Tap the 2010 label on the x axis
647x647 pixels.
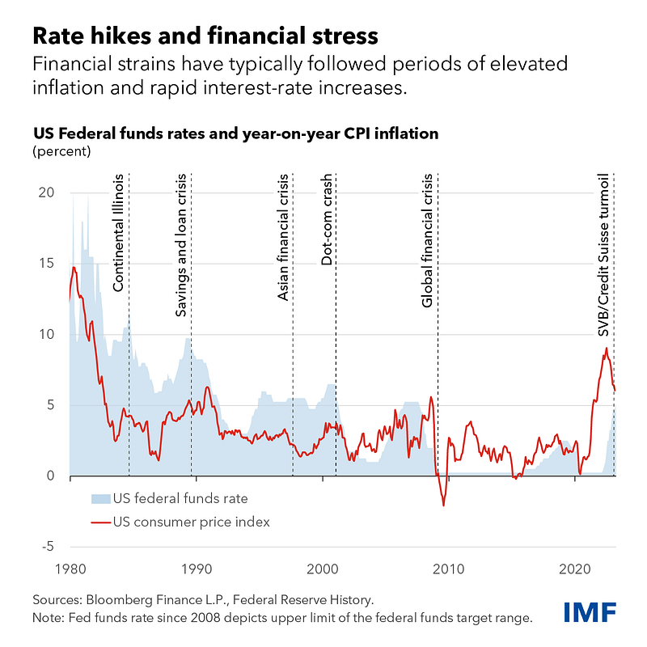tap(448, 568)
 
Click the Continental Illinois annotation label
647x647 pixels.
tap(119, 232)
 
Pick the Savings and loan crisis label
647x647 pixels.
tap(182, 244)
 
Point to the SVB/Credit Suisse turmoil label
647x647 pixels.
tap(603, 256)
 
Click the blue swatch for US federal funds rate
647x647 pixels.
tap(99, 498)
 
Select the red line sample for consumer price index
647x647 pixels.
tap(99, 522)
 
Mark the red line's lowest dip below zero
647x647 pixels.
tap(443, 505)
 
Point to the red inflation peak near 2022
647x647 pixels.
tap(606, 349)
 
